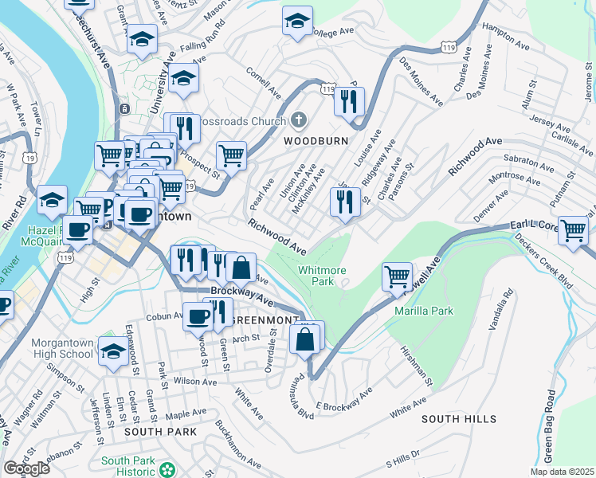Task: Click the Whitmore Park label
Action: click(322, 276)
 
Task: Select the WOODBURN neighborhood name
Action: click(316, 140)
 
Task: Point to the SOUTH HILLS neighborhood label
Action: click(458, 419)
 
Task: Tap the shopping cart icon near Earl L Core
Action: click(573, 231)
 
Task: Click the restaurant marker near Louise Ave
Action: click(344, 202)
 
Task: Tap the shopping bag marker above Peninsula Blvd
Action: click(306, 339)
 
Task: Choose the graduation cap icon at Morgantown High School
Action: click(115, 351)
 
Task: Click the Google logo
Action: click(26, 468)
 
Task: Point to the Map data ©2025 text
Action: click(562, 472)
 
